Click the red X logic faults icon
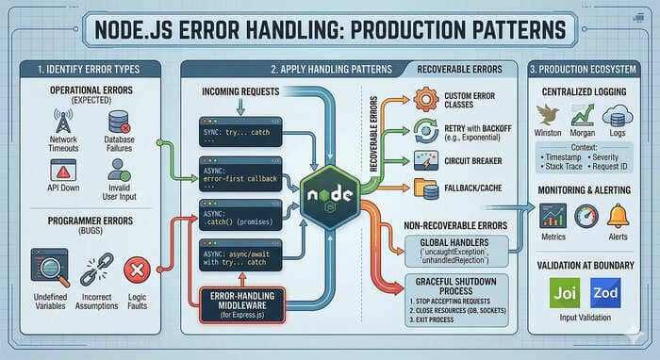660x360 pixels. click(139, 270)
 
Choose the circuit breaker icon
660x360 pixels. click(422, 159)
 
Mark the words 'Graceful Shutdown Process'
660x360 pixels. click(458, 286)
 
